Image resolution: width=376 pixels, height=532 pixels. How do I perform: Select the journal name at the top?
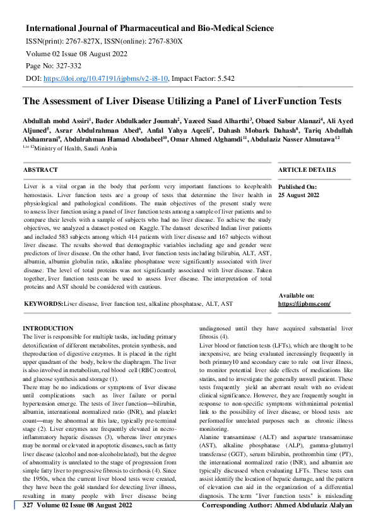click(150, 28)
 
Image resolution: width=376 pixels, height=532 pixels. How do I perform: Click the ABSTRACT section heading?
click(40, 170)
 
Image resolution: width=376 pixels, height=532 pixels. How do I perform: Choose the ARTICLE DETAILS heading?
click(307, 170)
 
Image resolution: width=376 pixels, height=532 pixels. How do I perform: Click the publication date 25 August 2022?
click(299, 196)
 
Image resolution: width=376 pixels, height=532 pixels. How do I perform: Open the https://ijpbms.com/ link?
click(304, 304)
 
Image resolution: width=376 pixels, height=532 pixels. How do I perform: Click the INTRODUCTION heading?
click(48, 329)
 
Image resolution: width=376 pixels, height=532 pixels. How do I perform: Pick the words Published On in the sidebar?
click(298, 188)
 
